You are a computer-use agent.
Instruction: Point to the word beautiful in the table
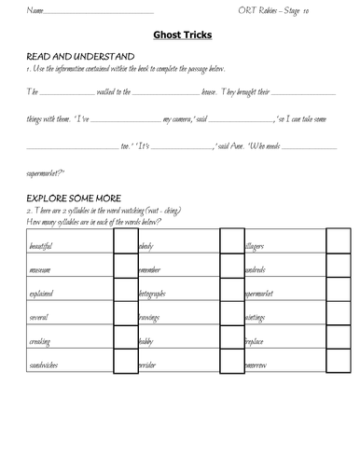tap(41, 245)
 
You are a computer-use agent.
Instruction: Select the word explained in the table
tap(42, 294)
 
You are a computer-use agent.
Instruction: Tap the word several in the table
tap(39, 318)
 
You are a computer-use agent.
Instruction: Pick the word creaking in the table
tap(40, 342)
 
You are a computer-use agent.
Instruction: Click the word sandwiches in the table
tap(43, 366)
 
